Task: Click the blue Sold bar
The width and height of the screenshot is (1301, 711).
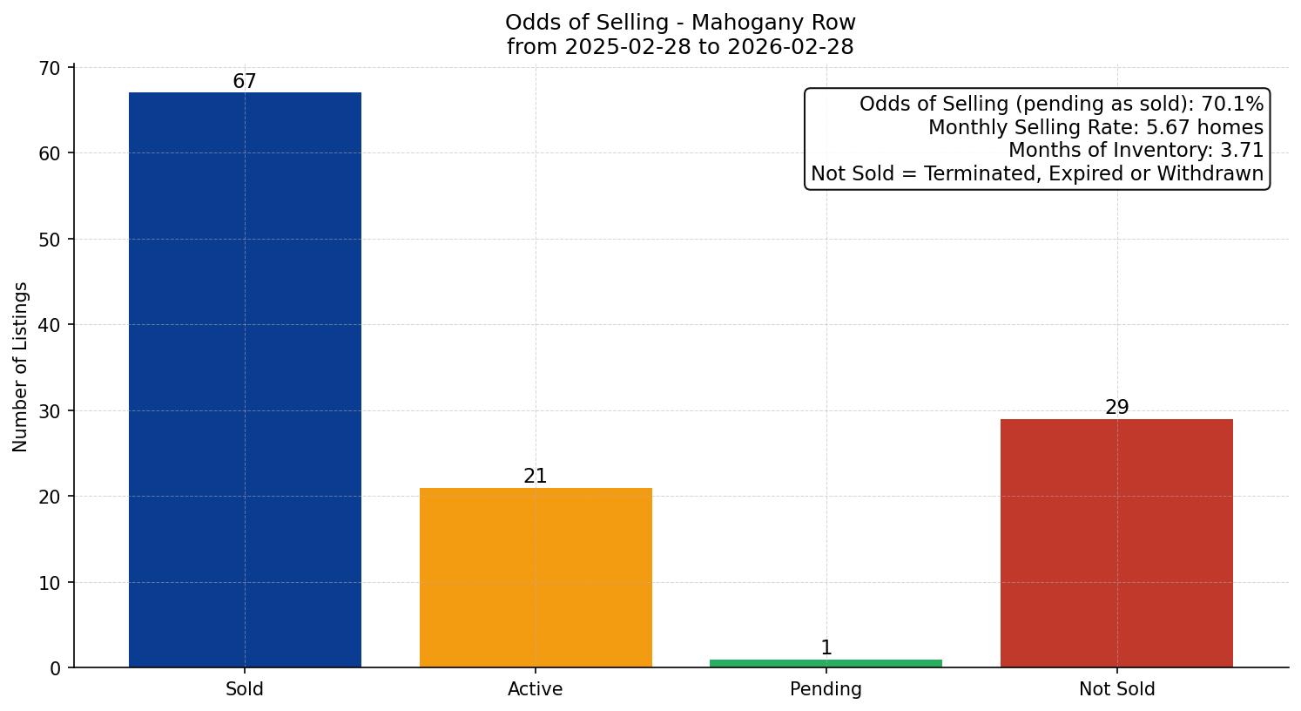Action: (x=245, y=379)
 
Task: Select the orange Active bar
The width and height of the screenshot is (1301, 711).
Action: (x=536, y=577)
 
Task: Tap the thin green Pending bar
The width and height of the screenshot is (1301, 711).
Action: (x=826, y=663)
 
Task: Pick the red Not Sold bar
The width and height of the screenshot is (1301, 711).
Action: (x=1116, y=543)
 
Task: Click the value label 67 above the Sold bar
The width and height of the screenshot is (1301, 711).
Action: (x=245, y=82)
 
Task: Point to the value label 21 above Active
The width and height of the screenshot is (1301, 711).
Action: (x=536, y=477)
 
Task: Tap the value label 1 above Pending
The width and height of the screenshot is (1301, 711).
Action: (x=826, y=648)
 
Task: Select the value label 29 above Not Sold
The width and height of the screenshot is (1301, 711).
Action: (x=1117, y=408)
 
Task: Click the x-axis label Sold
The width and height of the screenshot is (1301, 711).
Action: (x=245, y=689)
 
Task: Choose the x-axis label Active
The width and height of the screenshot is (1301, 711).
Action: (x=536, y=689)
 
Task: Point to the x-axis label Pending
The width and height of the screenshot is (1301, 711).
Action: (x=826, y=689)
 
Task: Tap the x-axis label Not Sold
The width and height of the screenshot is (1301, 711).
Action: (x=1117, y=689)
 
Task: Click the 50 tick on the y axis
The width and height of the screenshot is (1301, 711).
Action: (x=51, y=240)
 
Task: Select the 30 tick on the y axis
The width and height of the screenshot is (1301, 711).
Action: (x=51, y=411)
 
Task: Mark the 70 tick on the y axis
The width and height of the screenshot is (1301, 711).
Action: (x=51, y=68)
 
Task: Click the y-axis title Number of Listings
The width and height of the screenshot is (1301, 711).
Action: (x=21, y=367)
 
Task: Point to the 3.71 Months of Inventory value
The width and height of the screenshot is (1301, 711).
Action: (x=1242, y=151)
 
